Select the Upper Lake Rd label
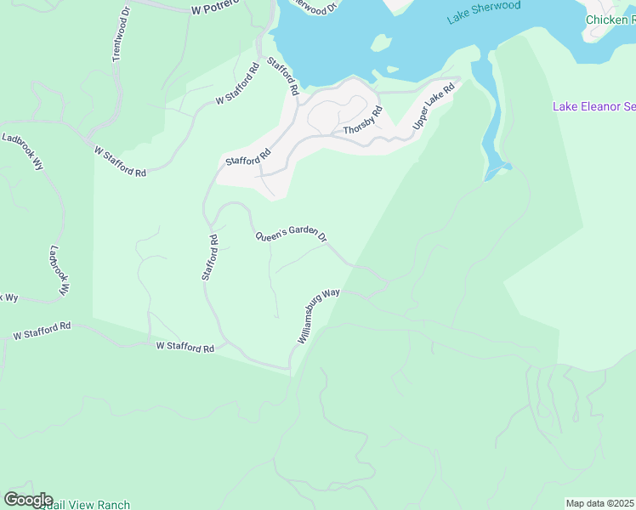pos(434,106)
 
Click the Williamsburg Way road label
pos(319,315)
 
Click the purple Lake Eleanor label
pos(593,106)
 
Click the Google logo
pos(28,500)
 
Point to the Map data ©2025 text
pos(600,503)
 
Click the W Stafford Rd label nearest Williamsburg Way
pos(185,347)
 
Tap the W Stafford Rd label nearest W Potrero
pos(237,84)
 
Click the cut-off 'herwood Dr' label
pos(313,4)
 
